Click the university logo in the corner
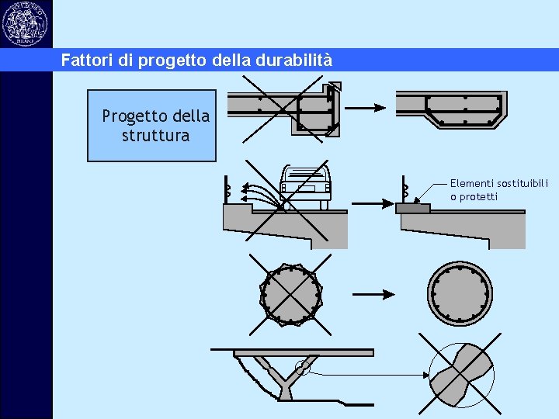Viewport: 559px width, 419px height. coord(25,23)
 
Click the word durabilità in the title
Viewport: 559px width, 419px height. coord(296,60)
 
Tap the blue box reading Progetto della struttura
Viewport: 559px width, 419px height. coord(151,126)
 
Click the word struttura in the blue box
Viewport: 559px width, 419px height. coord(155,136)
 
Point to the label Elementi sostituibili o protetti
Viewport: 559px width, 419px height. coord(498,190)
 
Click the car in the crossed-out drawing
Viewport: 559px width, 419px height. coord(304,187)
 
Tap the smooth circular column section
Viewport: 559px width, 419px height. coord(460,295)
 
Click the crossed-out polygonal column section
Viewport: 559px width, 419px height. coord(291,295)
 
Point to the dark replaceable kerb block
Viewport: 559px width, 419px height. coord(413,208)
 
